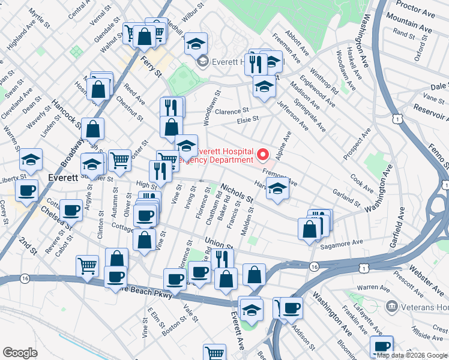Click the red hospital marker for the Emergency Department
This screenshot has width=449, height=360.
(x=262, y=156)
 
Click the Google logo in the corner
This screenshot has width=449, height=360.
(x=20, y=353)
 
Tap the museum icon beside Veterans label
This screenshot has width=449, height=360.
(x=393, y=307)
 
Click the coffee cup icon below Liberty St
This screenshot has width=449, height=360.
(x=27, y=191)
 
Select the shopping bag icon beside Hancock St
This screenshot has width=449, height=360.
(x=93, y=128)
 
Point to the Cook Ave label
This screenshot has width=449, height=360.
(x=362, y=179)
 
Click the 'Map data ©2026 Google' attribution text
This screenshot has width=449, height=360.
(x=412, y=355)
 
